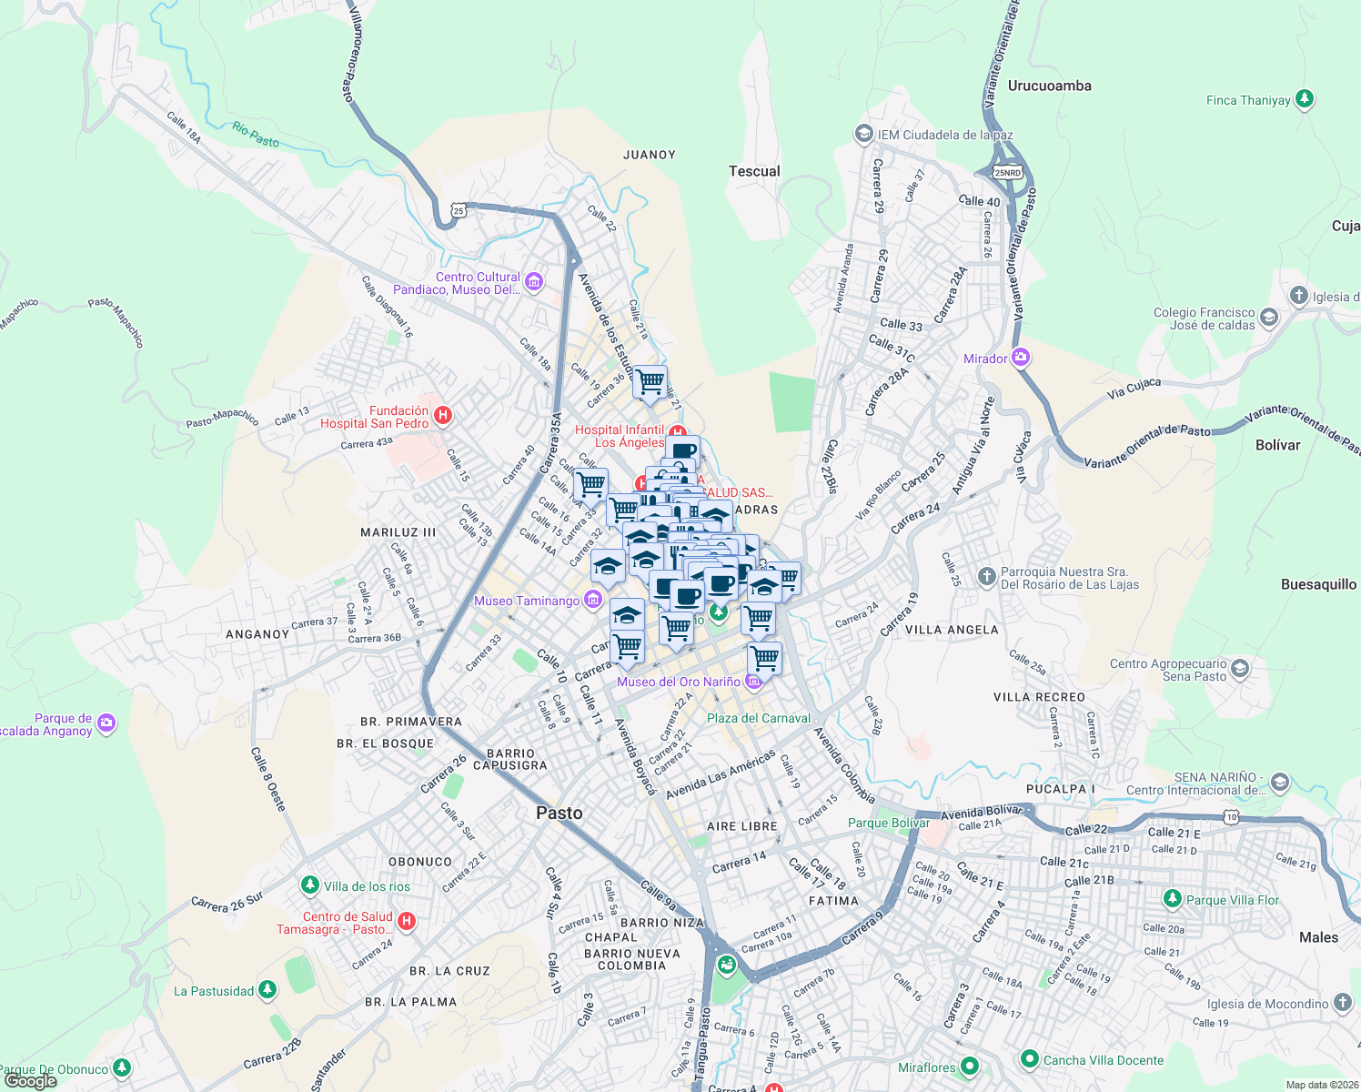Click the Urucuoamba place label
click(1049, 86)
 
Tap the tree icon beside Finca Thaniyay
click(1305, 99)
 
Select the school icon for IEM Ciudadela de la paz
click(863, 135)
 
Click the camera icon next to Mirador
click(1021, 358)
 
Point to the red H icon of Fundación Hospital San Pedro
click(442, 416)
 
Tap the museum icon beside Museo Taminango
click(593, 600)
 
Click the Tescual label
click(754, 171)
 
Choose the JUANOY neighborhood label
click(649, 155)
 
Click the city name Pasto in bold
click(559, 813)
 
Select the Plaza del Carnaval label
click(758, 718)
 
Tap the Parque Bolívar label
click(888, 823)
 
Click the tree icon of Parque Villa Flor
click(1173, 899)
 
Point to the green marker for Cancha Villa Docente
click(1029, 1059)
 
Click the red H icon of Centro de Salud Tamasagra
click(407, 922)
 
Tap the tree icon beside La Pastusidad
click(267, 990)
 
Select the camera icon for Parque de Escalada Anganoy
click(106, 723)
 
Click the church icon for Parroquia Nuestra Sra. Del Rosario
click(986, 577)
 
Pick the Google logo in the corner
click(30, 1081)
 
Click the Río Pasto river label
click(256, 136)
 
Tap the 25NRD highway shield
click(1008, 172)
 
